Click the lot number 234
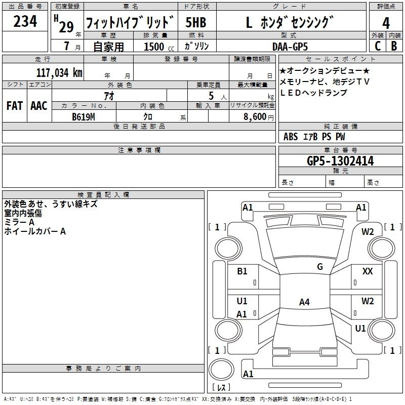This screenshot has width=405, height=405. [x=25, y=21]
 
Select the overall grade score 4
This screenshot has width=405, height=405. [x=386, y=23]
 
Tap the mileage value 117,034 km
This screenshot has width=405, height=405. [x=59, y=72]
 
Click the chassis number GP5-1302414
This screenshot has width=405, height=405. [x=340, y=161]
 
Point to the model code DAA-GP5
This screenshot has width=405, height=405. [x=290, y=47]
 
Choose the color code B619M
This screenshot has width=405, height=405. [x=84, y=117]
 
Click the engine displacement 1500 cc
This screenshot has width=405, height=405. [x=159, y=47]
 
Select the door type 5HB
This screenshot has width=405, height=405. [x=196, y=22]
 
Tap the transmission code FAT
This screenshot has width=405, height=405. [x=15, y=106]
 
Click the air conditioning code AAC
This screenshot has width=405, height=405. [x=39, y=106]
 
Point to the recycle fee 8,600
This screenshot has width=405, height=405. [x=255, y=116]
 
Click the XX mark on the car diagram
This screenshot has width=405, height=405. [x=368, y=271]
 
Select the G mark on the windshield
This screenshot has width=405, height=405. [x=320, y=267]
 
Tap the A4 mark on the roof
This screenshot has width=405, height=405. [x=304, y=302]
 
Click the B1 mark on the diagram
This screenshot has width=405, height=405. [x=242, y=271]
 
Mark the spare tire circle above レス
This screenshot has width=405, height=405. [x=221, y=370]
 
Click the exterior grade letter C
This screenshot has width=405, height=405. [x=378, y=46]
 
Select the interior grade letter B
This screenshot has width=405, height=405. [x=394, y=46]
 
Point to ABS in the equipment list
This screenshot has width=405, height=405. [x=291, y=137]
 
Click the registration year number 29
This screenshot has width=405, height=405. [x=66, y=27]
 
